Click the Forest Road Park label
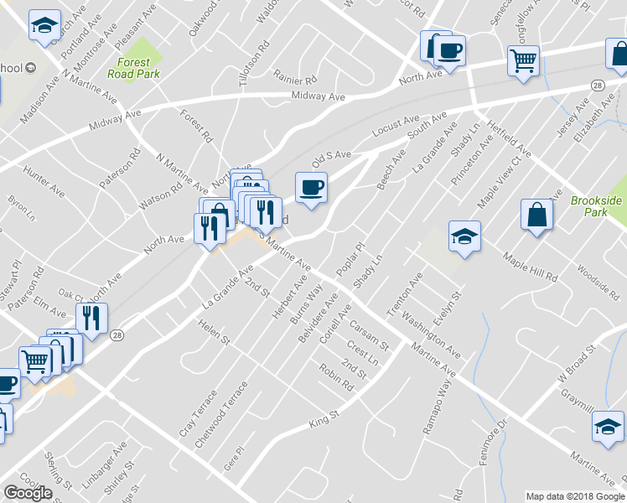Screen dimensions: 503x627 (128, 68)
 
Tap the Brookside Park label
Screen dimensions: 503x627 (596, 207)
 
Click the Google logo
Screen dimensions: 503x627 (28, 493)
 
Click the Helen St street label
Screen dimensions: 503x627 (214, 333)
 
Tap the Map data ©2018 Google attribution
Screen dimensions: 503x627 (575, 496)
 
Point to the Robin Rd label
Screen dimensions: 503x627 (335, 376)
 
